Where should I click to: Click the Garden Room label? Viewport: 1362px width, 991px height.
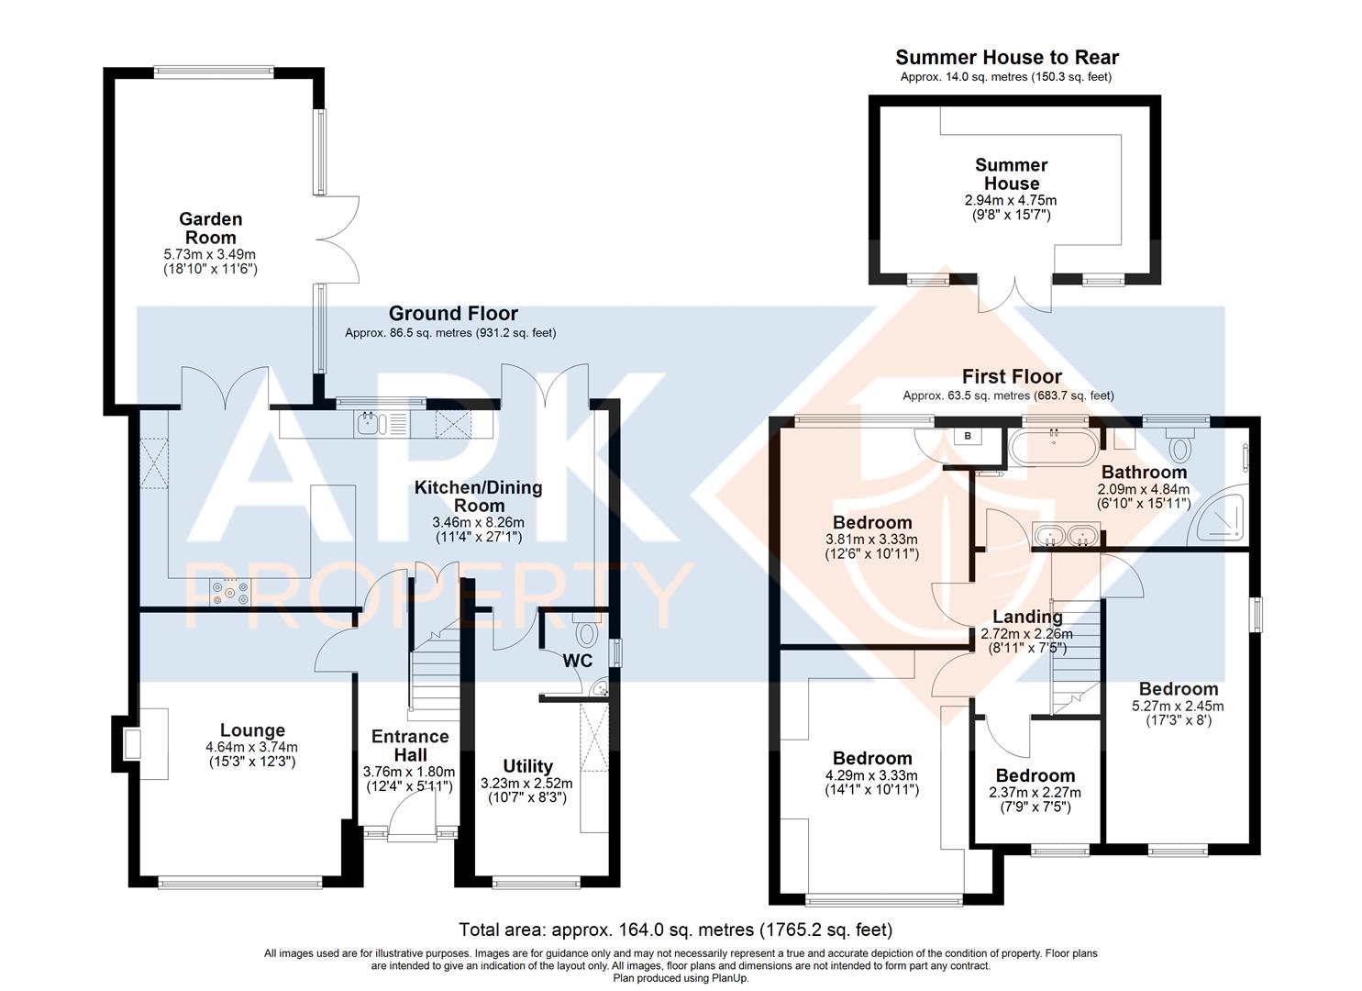[x=210, y=228]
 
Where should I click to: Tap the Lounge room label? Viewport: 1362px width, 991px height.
[x=252, y=730]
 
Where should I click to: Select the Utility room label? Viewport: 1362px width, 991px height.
[x=527, y=766]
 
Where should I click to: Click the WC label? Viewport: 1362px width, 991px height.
[x=578, y=661]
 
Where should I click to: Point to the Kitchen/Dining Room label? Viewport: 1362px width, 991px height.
[x=478, y=496]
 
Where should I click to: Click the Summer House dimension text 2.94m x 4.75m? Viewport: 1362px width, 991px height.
[x=1011, y=200]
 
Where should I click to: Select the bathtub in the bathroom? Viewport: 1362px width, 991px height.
[x=1052, y=447]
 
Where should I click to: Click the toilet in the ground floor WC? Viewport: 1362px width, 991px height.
[x=585, y=632]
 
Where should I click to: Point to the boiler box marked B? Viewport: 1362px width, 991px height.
[x=968, y=436]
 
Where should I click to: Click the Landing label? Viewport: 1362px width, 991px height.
[x=1027, y=617]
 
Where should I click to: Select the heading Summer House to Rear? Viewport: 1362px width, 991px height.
[x=1007, y=58]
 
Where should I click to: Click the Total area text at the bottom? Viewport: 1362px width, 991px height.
[x=675, y=930]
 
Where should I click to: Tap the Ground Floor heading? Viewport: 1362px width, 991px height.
[x=453, y=314]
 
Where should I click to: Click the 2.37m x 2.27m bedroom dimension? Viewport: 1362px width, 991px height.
[x=1035, y=793]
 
